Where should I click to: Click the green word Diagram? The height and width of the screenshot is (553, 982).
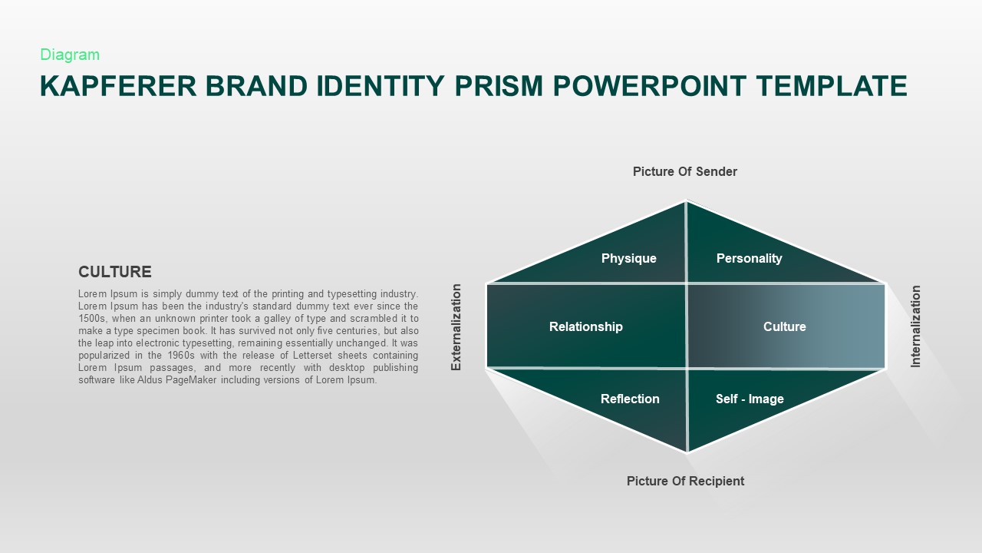click(x=70, y=55)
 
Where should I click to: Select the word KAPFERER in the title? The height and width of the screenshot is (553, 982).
click(x=118, y=86)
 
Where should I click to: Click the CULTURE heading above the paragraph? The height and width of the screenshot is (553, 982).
click(x=115, y=272)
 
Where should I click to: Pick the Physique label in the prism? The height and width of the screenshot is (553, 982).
click(x=628, y=259)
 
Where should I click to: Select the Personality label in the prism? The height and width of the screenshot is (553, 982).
click(x=750, y=259)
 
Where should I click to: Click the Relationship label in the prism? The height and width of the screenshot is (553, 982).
click(x=585, y=326)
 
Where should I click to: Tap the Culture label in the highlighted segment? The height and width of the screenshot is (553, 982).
click(x=784, y=326)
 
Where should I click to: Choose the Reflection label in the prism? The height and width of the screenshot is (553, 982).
click(x=630, y=399)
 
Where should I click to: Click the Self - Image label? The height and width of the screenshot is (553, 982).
click(x=750, y=399)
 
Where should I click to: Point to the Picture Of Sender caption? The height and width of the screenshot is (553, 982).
click(x=685, y=171)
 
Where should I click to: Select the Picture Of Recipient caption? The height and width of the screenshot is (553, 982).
click(x=685, y=481)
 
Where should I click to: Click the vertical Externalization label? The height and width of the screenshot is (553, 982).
click(x=456, y=327)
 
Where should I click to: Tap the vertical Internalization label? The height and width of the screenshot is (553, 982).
click(x=915, y=326)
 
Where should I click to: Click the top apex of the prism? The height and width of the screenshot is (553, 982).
click(x=686, y=200)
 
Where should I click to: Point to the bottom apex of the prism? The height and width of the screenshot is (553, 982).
click(x=687, y=452)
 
